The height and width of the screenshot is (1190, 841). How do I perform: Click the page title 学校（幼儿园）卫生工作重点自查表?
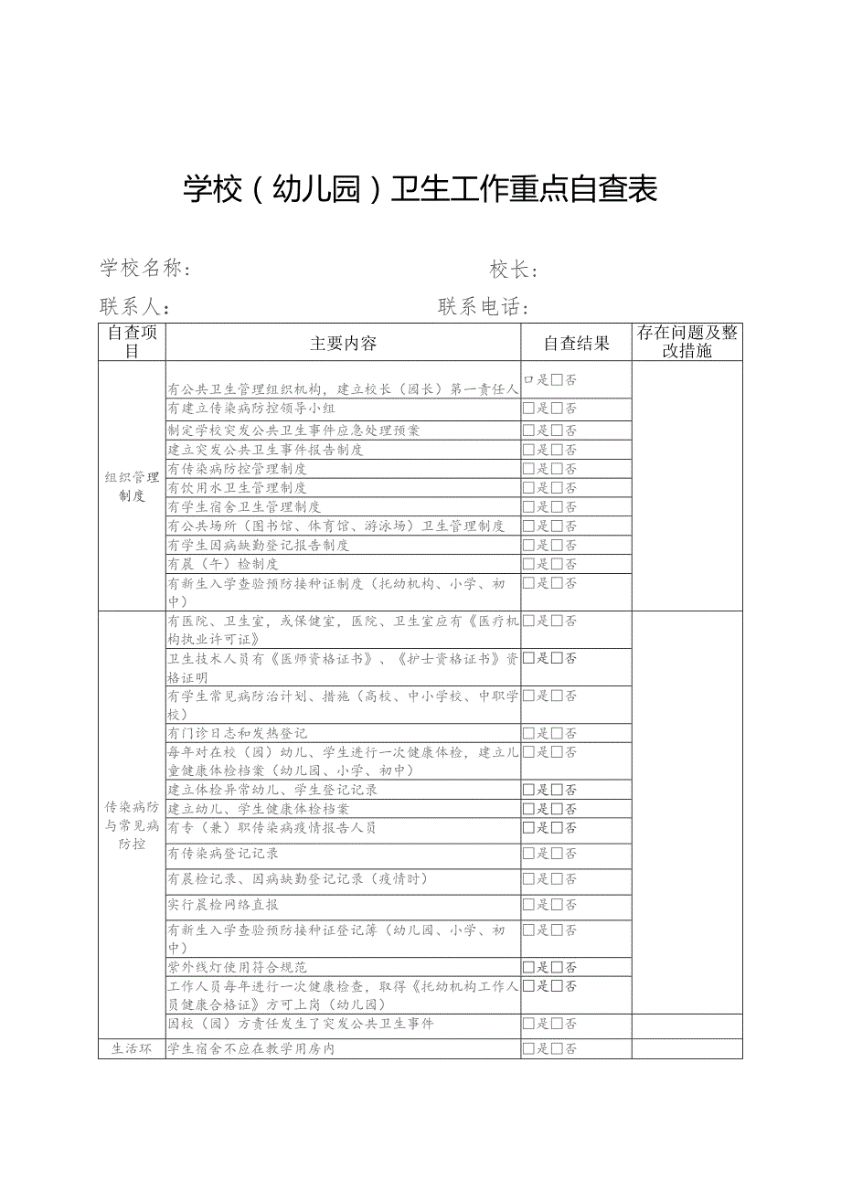pos(420,189)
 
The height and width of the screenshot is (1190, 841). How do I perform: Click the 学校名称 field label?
pos(145,269)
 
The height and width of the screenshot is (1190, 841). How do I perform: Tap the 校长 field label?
pos(513,270)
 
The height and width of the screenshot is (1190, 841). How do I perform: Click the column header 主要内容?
pos(343,344)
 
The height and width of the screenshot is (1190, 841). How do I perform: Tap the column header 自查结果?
pos(576,344)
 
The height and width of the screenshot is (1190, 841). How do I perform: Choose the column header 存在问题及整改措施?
pos(687,341)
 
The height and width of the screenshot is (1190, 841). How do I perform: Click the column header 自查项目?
pos(132,341)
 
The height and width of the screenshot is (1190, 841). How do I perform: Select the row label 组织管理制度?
pos(132,486)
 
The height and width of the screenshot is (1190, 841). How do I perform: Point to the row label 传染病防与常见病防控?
pos(132,825)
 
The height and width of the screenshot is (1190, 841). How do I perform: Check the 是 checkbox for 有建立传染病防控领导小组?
pos(528,409)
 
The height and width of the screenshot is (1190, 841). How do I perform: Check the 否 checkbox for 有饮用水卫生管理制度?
pos(557,488)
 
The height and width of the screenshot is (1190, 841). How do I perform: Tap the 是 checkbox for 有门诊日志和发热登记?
pos(528,733)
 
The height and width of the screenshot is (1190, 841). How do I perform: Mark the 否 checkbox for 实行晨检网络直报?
pos(557,905)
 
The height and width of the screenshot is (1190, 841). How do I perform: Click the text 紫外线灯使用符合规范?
pos(237,967)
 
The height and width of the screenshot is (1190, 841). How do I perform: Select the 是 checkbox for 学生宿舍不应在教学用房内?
pos(528,1049)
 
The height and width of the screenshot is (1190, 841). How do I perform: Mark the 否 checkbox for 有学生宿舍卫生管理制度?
pos(557,507)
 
